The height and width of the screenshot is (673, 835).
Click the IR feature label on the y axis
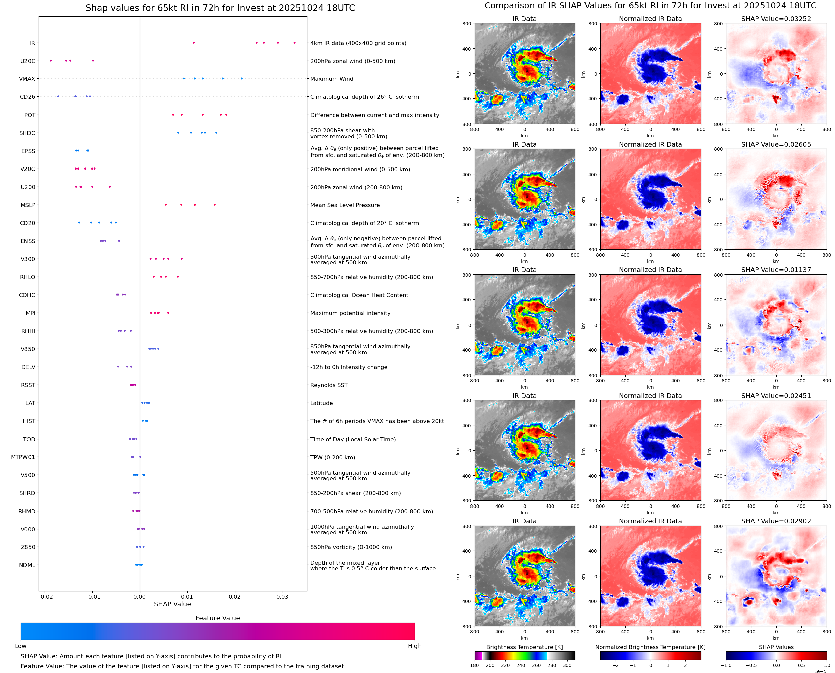pos(32,43)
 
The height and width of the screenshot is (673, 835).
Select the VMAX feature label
pos(27,79)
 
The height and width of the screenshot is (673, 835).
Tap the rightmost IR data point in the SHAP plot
pos(294,43)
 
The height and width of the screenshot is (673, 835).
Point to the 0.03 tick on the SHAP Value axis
pos(282,597)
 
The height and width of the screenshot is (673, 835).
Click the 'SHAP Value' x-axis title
pos(172,604)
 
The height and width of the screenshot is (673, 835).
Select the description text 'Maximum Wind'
pos(332,79)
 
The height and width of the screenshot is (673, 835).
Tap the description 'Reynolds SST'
pos(329,385)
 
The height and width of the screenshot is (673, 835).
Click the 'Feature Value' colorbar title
pos(217,618)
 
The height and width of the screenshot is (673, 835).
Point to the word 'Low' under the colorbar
pos(20,646)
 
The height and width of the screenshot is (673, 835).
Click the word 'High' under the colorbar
pos(414,646)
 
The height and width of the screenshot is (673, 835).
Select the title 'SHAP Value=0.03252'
pos(776,19)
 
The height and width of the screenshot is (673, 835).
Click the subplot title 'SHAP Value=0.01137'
pos(776,270)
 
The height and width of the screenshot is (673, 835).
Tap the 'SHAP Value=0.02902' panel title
pos(776,521)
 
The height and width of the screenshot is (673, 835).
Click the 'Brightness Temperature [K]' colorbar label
pos(524,647)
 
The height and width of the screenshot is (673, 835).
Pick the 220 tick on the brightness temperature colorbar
pos(505,665)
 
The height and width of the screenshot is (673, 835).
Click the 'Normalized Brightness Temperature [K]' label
pos(650,647)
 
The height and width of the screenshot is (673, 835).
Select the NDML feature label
pos(27,565)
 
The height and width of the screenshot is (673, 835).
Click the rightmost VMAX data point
pos(242,79)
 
